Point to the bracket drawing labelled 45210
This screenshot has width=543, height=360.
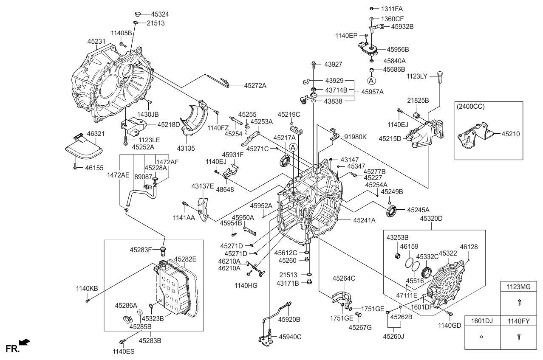[x=474, y=136]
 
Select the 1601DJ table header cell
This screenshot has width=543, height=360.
[x=481, y=321]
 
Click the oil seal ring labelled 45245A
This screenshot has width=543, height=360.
[x=391, y=211]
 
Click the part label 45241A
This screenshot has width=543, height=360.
[x=364, y=220]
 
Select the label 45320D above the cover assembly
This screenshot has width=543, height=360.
[x=431, y=218]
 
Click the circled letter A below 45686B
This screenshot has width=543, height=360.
[x=371, y=80]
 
